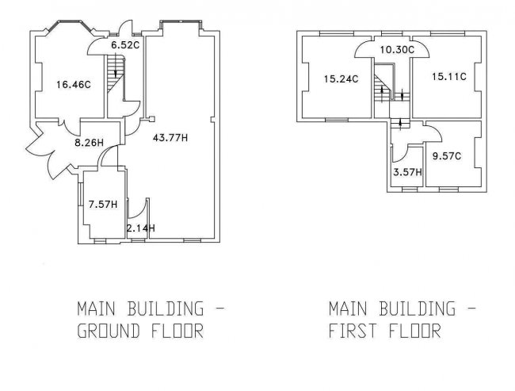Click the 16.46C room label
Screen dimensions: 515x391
73,85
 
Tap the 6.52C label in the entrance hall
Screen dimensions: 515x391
125,45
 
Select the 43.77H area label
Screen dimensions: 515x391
170,137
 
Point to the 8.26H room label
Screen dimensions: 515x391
89,143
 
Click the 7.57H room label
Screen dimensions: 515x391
103,204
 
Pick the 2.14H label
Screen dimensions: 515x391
141,228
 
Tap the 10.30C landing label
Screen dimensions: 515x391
397,50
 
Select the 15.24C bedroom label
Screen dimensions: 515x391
341,79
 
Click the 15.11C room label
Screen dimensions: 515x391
449,77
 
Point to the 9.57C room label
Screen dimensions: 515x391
447,156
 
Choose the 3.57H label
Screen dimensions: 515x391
407,172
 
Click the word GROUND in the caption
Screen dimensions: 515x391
109,331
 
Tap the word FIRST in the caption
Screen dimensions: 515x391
353,331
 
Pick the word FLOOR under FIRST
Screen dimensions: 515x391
415,331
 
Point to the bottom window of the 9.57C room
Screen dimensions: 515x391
448,190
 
